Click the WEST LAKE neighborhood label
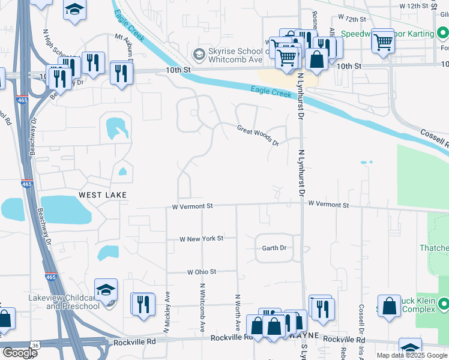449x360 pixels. click(x=103, y=195)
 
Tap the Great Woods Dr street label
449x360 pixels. click(x=258, y=136)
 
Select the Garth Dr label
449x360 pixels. click(x=274, y=248)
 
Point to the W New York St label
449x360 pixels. click(x=202, y=238)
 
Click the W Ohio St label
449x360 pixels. click(x=201, y=272)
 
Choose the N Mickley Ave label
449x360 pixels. click(x=167, y=312)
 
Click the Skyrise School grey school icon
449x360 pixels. click(x=198, y=55)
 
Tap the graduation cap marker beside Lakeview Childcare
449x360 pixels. click(x=106, y=289)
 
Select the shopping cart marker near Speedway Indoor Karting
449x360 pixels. click(x=382, y=41)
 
